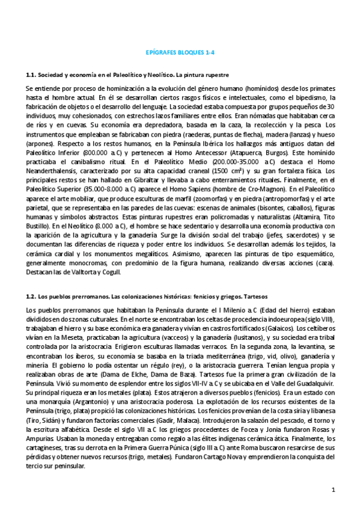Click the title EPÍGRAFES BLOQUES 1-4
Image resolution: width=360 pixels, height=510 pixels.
(x=180, y=52)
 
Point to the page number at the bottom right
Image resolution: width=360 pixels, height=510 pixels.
(x=332, y=490)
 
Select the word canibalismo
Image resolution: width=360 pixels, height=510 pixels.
(x=87, y=145)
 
